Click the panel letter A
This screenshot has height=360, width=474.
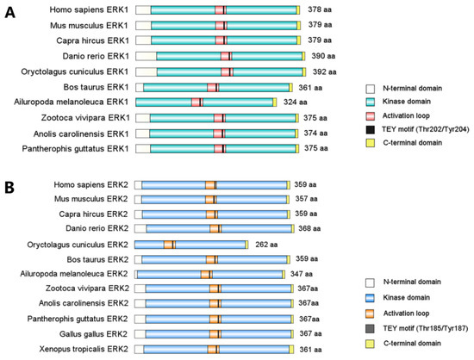(x=9, y=13)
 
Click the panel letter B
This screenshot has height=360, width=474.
(x=9, y=187)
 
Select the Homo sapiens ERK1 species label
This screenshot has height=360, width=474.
(x=89, y=10)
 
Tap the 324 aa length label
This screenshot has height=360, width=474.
(x=295, y=102)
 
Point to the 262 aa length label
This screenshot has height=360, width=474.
(x=266, y=245)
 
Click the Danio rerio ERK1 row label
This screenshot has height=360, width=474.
(x=96, y=56)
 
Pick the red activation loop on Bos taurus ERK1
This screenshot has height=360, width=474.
(x=213, y=88)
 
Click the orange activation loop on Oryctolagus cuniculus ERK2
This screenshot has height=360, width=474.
(x=170, y=245)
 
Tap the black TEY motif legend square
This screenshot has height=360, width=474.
(x=370, y=129)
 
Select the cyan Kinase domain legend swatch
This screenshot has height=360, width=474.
(x=370, y=102)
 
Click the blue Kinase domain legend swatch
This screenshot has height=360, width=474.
(x=370, y=298)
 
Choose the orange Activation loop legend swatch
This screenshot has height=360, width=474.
(x=370, y=313)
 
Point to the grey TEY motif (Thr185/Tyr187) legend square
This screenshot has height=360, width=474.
(x=370, y=329)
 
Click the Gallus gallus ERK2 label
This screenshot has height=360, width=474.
(x=93, y=334)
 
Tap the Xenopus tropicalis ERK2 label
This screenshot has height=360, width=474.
(x=84, y=349)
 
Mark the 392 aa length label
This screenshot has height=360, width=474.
(x=324, y=71)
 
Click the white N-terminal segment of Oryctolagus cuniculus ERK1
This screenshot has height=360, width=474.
(x=147, y=71)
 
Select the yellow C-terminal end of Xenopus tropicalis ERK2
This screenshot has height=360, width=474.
(x=291, y=350)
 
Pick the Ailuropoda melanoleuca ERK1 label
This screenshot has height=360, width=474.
(x=72, y=102)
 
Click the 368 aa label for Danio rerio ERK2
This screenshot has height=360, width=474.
(x=309, y=228)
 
